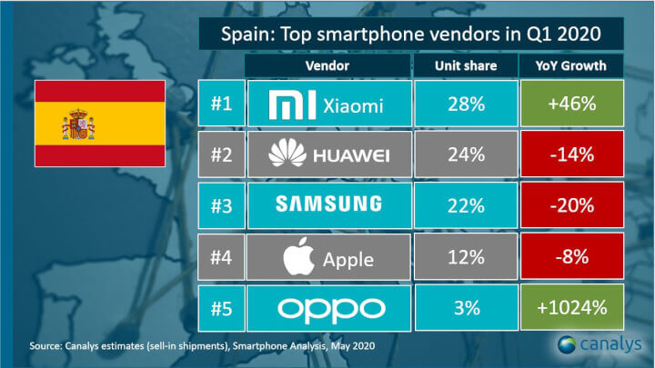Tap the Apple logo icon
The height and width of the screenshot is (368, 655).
click(297, 257)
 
